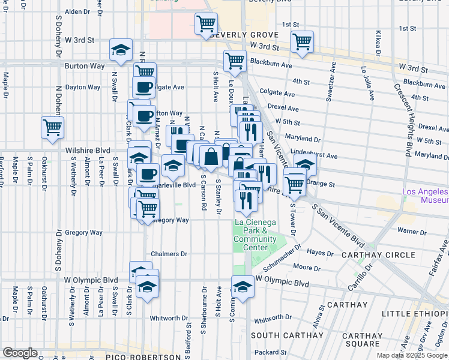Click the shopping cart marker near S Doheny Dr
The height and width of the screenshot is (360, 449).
pyautogui.click(x=52, y=127)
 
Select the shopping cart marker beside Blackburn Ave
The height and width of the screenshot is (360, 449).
pyautogui.click(x=235, y=61)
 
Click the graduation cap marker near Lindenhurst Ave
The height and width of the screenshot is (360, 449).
pyautogui.click(x=306, y=166)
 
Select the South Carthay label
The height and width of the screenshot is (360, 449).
pyautogui.click(x=279, y=335)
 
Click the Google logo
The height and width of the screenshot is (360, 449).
pyautogui.click(x=20, y=353)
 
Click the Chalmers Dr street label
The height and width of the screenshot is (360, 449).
pyautogui.click(x=170, y=254)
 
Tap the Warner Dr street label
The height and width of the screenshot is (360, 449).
pyautogui.click(x=411, y=230)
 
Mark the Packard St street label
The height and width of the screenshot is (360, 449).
pyautogui.click(x=268, y=352)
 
